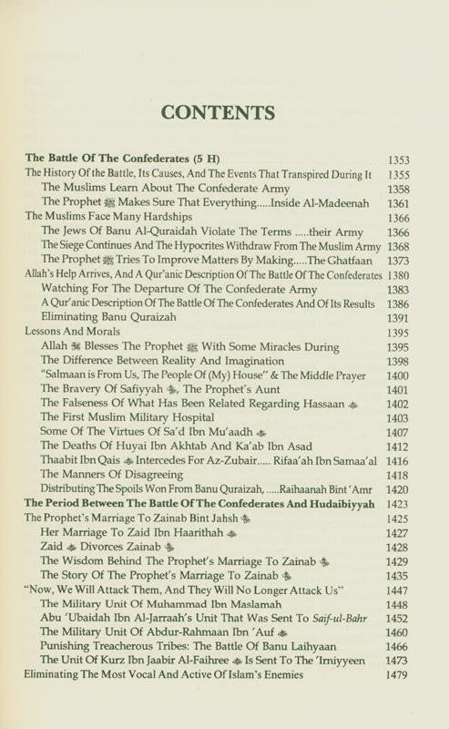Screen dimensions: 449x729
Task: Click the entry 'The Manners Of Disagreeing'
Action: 110,476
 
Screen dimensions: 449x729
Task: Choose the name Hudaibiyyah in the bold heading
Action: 342,505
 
